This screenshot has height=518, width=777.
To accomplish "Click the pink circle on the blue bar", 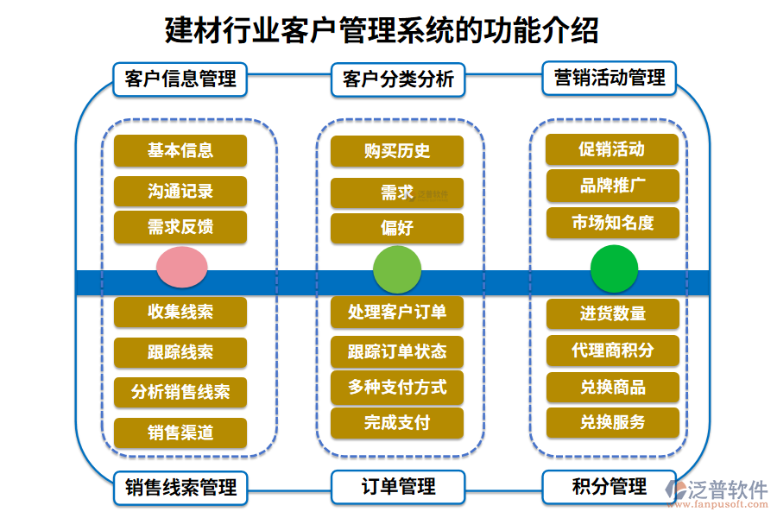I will [181, 267].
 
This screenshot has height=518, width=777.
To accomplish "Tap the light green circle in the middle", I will [397, 268].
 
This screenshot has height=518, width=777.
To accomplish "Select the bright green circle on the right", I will [614, 268].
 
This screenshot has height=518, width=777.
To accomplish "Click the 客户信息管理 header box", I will [180, 79].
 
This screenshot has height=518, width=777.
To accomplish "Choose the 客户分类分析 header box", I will [398, 79].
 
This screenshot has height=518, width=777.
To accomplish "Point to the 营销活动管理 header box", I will [610, 78].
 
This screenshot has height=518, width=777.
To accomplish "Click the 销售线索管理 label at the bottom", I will [180, 488].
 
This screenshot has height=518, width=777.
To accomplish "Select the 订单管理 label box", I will [398, 487].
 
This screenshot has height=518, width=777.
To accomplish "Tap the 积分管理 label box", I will [610, 487].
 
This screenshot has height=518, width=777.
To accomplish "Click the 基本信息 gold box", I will [180, 150].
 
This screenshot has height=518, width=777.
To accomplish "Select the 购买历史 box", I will [397, 151].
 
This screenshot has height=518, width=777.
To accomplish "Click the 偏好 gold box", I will [397, 229].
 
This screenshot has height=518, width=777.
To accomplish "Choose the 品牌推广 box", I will [613, 186].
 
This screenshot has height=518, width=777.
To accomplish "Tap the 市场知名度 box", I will [613, 223].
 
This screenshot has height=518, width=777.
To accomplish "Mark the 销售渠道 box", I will [180, 433].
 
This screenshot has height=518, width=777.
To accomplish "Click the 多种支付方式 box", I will [397, 387].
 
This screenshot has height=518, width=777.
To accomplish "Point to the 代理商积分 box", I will [613, 351].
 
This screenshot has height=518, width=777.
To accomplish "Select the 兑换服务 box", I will [613, 423].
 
